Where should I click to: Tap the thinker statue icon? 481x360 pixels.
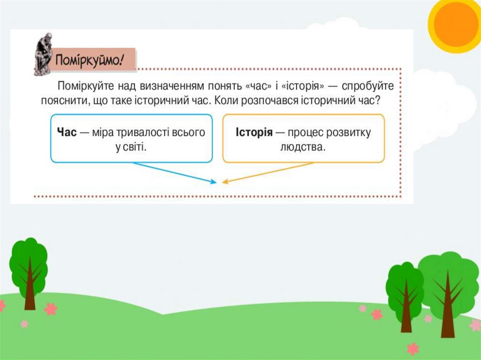(43, 54)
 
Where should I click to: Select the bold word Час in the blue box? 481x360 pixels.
(66, 132)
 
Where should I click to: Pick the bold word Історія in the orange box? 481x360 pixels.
(254, 132)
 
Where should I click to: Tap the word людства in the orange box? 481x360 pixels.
(303, 147)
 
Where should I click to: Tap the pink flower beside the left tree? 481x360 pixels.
(50, 308)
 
